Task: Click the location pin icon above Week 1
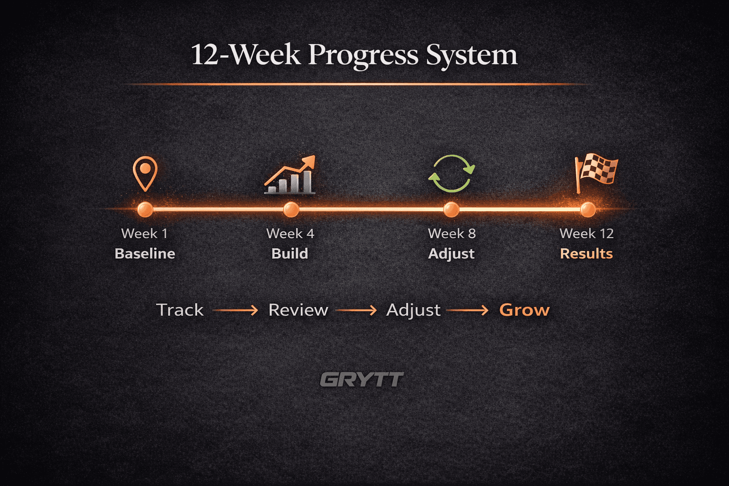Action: coord(145,173)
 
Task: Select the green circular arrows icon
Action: coord(451,174)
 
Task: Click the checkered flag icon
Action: coord(596,172)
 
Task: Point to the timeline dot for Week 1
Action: coord(145,209)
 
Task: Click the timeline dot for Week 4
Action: coord(290,209)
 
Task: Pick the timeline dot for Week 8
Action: coord(451,209)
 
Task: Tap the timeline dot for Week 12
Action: coord(588,209)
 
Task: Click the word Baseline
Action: coord(145,253)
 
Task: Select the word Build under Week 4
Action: coord(290,253)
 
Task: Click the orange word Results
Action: coord(586,253)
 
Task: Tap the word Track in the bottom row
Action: coord(180,310)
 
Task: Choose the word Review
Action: coord(298,310)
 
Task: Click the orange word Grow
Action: coord(524,310)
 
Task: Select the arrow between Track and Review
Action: coord(235,310)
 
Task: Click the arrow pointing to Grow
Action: coord(467,310)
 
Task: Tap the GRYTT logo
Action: coord(362,380)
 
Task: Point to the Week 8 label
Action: coord(451,234)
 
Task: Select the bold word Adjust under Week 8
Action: coord(451,253)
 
